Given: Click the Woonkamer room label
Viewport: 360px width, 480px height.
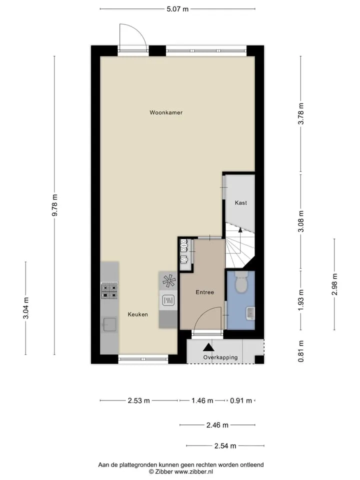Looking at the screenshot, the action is point(166,112).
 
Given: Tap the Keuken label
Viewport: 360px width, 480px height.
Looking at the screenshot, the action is point(138,314).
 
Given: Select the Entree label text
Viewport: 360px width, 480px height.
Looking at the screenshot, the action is point(205,292).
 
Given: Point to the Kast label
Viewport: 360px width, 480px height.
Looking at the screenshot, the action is point(241,202).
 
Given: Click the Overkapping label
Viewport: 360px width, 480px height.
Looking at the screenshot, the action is point(220,357).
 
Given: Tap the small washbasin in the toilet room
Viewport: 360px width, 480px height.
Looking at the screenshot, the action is point(250,313).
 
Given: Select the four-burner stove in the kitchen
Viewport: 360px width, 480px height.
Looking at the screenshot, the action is point(109,291).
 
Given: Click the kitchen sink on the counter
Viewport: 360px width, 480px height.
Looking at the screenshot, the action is point(109,324).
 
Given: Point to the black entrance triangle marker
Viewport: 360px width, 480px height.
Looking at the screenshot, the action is point(209,347).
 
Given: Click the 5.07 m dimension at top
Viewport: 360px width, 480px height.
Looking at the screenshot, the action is point(177,9).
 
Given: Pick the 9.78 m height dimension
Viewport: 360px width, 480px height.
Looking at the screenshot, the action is point(55,205).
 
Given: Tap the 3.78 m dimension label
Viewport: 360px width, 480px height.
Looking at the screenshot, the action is point(301,113).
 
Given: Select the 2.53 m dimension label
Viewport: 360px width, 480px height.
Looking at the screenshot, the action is point(138,400).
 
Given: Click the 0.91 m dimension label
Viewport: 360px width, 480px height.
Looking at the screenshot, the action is point(241,400).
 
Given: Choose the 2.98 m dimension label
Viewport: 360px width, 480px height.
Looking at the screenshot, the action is point(334,284).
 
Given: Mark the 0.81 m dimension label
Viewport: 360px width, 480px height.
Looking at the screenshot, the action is point(301,351).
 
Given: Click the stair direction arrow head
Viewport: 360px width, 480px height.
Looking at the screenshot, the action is point(240,230).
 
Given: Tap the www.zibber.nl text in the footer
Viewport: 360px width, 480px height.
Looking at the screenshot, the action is point(193,471).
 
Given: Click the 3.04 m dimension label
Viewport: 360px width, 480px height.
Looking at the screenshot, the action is point(26,308).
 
